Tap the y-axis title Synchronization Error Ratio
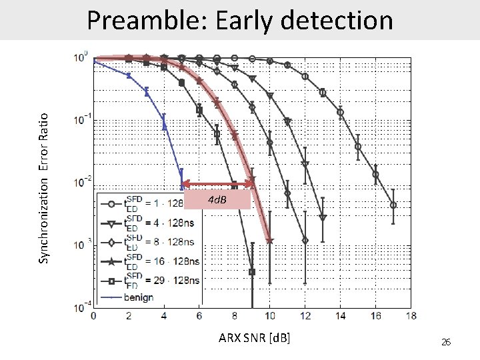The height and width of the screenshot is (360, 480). tap(43, 187)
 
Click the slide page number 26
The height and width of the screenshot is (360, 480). tap(446, 342)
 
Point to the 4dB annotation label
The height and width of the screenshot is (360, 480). tap(217, 199)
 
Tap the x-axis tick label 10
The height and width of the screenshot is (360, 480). tap(269, 315)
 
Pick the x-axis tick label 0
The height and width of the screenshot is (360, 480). tap(93, 315)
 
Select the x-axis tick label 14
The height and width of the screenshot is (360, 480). tap(340, 315)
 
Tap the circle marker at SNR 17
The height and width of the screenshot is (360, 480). tap(393, 205)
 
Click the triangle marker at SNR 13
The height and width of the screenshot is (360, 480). tap(323, 217)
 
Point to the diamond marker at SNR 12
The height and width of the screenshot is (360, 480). tap(305, 240)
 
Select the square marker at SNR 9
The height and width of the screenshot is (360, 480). tap(252, 272)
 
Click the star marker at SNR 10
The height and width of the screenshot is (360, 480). tap(269, 241)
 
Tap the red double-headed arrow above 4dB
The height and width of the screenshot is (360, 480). tap(217, 183)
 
